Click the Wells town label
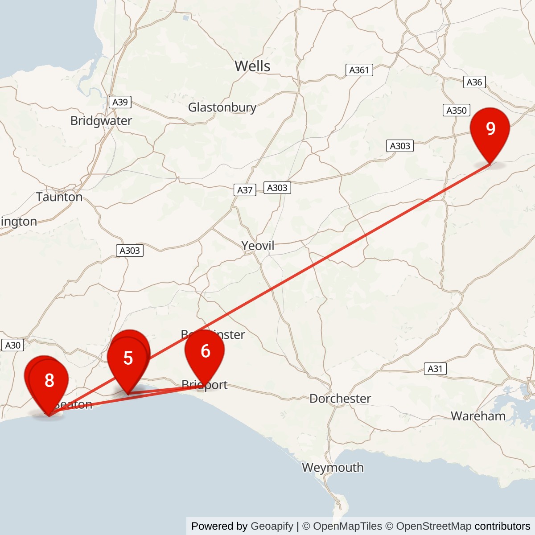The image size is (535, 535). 252,66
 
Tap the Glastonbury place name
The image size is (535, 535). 222,107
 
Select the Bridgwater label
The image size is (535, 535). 101,121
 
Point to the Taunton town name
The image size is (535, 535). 59,197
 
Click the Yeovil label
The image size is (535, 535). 258,246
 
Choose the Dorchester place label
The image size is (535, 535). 340,399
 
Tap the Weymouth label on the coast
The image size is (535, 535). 333,468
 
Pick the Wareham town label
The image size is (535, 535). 478,416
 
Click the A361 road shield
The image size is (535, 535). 359,70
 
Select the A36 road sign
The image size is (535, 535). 474,82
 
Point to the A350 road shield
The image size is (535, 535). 457,110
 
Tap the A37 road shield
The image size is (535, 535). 245,190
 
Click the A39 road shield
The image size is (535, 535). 120,102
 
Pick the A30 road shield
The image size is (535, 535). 13,345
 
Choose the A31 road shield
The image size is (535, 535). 435,369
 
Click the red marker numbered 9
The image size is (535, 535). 490,129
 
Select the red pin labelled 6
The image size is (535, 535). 205,352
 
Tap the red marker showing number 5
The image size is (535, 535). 128,358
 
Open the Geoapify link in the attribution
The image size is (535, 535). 272,526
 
